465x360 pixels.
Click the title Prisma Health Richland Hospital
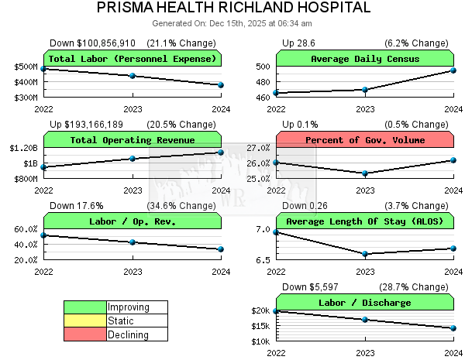232,8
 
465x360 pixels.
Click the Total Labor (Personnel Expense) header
133,59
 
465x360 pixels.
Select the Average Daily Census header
365,59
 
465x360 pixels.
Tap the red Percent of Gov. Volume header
365,140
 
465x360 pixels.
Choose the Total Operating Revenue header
133,140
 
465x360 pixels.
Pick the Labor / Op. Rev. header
133,221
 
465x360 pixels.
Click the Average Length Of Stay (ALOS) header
365,221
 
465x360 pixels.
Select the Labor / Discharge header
365,303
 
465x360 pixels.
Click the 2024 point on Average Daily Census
453,70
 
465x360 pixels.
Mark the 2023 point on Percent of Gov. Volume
365,173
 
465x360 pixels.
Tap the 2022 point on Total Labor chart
44,69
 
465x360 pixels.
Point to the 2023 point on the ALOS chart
365,254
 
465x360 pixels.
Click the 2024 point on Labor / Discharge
453,328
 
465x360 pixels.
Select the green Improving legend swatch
84,307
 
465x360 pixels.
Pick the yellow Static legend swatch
84,321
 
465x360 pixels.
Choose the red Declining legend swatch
84,334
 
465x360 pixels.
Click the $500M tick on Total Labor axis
24,67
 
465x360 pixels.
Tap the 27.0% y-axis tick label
258,148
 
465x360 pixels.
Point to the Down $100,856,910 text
92,43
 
